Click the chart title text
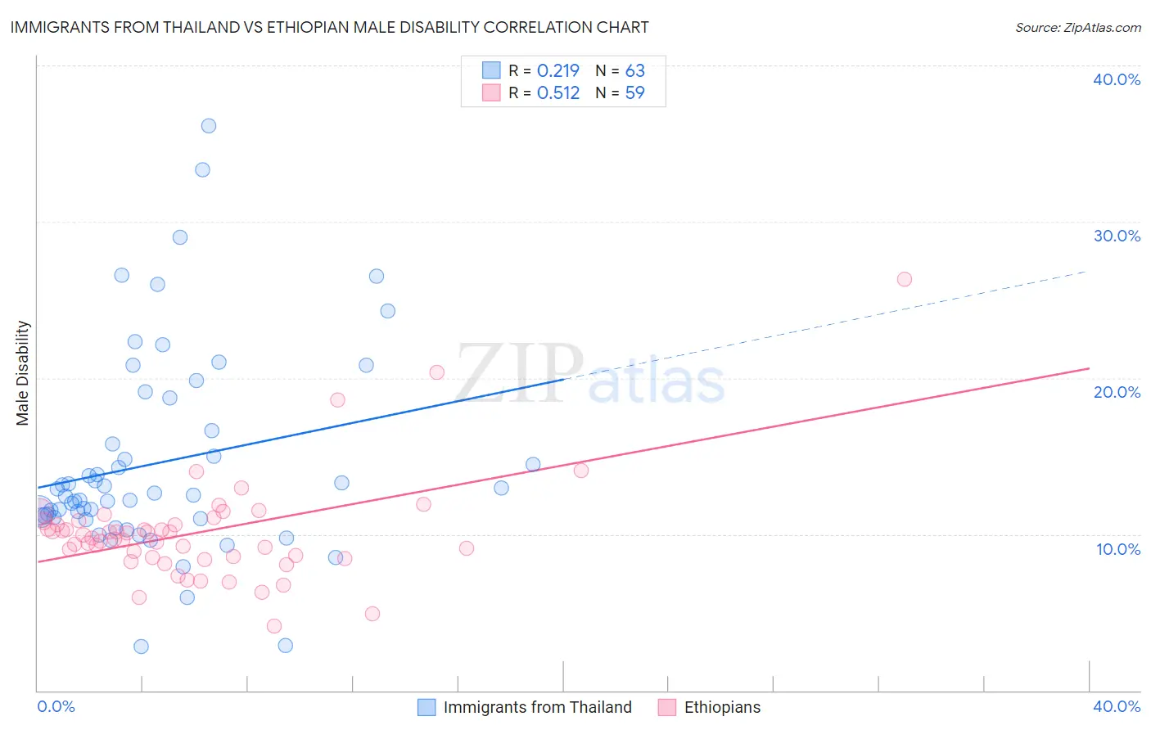pyautogui.click(x=329, y=27)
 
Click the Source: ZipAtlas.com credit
pyautogui.click(x=1077, y=28)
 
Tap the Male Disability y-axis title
pyautogui.click(x=23, y=372)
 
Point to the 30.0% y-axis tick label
pyautogui.click(x=1117, y=236)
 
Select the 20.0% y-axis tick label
pyautogui.click(x=1117, y=392)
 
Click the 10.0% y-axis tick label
pyautogui.click(x=1118, y=549)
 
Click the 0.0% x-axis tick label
pyautogui.click(x=56, y=706)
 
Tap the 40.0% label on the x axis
pyautogui.click(x=1117, y=706)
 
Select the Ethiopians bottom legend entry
pyautogui.click(x=722, y=707)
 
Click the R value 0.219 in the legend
pyautogui.click(x=558, y=71)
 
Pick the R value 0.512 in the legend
pyautogui.click(x=558, y=93)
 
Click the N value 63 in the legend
pyautogui.click(x=635, y=71)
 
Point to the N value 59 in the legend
pyautogui.click(x=635, y=93)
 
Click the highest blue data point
pyautogui.click(x=209, y=126)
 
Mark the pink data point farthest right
pyautogui.click(x=905, y=279)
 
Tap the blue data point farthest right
pyautogui.click(x=533, y=465)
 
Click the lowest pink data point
pyautogui.click(x=274, y=626)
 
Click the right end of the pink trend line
pyautogui.click(x=1089, y=368)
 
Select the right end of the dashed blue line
pyautogui.click(x=1087, y=271)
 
